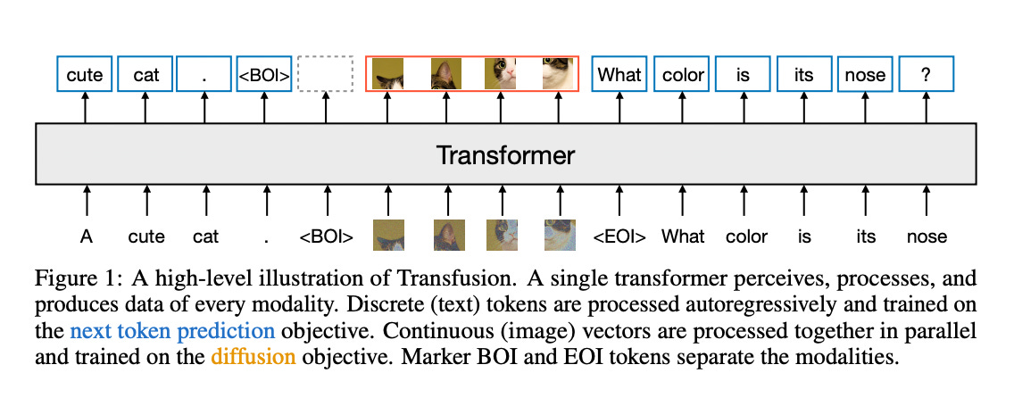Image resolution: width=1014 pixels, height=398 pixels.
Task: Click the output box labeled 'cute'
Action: (85, 75)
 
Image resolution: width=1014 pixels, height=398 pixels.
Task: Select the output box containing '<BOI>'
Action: (263, 75)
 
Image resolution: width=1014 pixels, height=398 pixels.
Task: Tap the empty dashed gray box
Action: (325, 75)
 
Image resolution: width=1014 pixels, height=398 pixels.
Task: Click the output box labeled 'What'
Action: (619, 75)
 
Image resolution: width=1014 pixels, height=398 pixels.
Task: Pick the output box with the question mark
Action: (926, 75)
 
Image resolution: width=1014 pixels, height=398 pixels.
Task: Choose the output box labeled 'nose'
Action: (864, 75)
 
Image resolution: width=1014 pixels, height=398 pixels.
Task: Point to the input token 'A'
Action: (86, 236)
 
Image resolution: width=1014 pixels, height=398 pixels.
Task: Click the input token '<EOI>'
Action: (619, 236)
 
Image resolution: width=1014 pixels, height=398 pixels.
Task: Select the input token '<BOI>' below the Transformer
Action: (326, 236)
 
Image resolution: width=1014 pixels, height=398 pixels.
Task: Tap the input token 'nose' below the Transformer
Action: (926, 236)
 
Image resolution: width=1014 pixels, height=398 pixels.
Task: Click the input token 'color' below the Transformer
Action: (745, 236)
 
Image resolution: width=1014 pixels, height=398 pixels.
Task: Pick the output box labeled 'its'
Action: (803, 75)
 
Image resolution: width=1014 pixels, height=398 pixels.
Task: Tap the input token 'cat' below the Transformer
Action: (206, 236)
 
